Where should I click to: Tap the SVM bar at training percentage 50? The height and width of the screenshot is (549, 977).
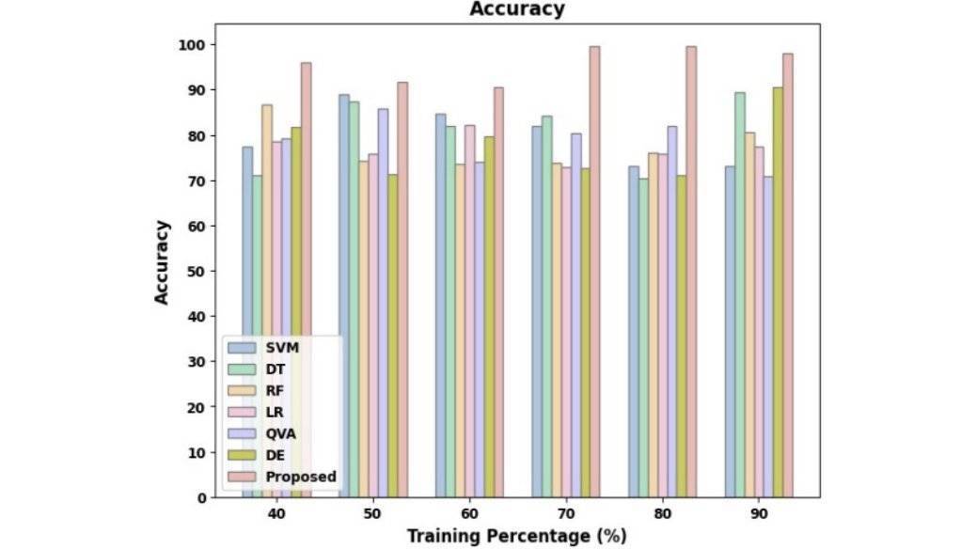point(344,295)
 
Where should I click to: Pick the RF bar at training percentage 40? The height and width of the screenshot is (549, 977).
point(267,301)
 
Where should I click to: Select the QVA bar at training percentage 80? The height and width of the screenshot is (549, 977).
point(671,311)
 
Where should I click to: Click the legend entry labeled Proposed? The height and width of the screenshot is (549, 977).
point(300,477)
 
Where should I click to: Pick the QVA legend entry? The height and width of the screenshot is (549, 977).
point(279,433)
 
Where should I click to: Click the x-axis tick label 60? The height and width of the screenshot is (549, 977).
point(469,515)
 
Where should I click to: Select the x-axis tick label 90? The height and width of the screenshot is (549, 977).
point(759,515)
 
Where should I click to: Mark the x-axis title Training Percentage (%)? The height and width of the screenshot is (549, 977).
point(516,536)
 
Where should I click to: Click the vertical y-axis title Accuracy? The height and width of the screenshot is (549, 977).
point(162,261)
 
